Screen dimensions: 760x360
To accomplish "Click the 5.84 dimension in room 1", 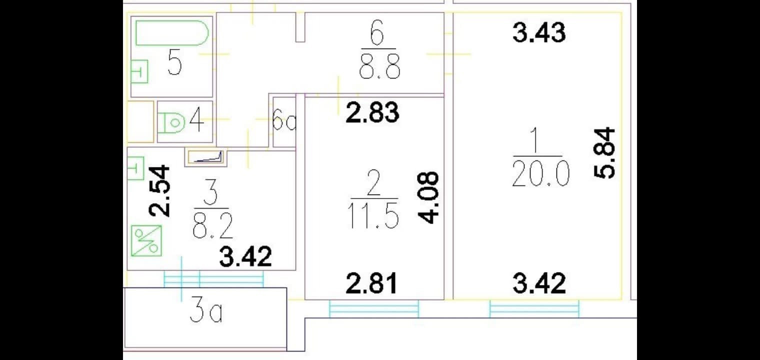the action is coord(604,153).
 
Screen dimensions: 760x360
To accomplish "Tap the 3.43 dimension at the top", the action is coord(539,33).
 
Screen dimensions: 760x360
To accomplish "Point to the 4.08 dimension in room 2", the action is coord(428,197).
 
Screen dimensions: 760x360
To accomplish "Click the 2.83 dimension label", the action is coord(373,112).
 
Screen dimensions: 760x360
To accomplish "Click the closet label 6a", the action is coord(284,122).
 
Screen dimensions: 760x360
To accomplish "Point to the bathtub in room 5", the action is coord(171,33).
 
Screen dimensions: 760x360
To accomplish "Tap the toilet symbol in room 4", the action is coord(171,122).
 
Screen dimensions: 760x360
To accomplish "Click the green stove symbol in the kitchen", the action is coord(146,240).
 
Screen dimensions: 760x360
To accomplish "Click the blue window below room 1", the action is coord(534,308).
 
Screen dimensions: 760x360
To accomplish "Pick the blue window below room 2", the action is coord(373,308).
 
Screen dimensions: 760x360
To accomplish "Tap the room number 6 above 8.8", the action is coord(378,36).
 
